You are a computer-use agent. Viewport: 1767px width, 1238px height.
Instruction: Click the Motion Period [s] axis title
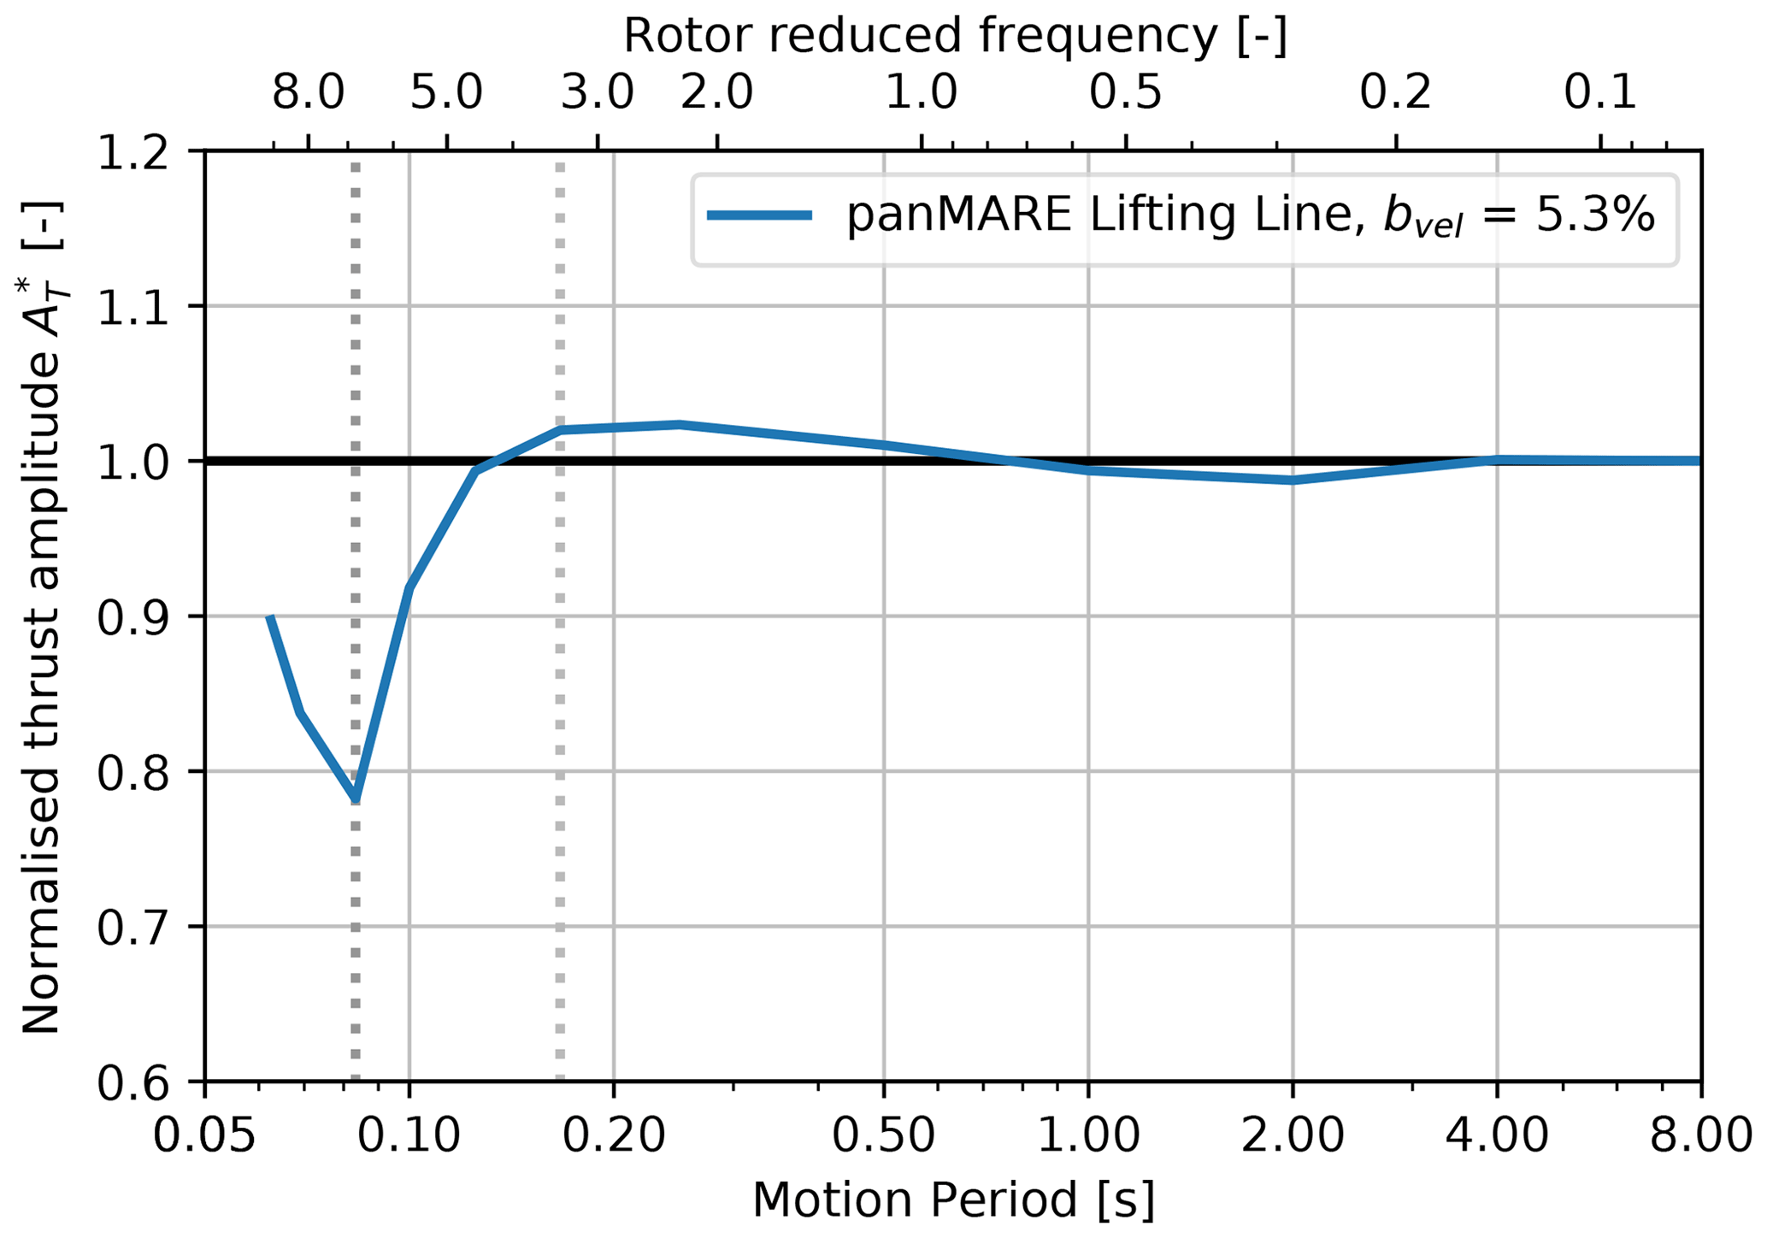coord(953,1200)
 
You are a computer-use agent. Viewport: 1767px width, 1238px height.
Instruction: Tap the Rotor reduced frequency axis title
coord(954,36)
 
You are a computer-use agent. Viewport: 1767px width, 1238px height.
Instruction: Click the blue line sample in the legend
coord(759,216)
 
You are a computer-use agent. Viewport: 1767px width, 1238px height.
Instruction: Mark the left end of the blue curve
coord(269,616)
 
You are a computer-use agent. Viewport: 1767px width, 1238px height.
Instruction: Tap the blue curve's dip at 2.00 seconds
coord(1292,480)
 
